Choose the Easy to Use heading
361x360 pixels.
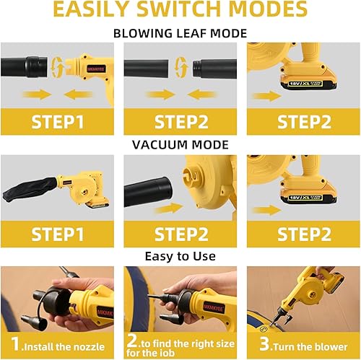[x=180, y=256]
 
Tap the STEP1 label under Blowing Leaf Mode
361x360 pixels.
[x=61, y=120]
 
